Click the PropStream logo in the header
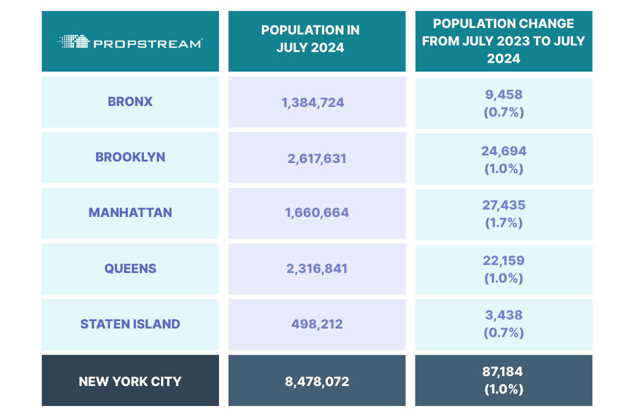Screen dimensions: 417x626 click(130, 42)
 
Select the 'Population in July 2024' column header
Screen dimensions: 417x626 click(310, 38)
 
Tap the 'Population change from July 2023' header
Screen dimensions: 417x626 click(503, 41)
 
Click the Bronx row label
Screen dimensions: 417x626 click(130, 101)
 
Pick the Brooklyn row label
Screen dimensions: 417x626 click(130, 157)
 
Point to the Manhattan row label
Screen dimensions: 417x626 click(130, 212)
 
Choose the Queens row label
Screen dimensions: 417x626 click(130, 268)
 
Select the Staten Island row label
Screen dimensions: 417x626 click(130, 324)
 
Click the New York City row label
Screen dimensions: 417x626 click(130, 382)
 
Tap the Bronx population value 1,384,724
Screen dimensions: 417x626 click(313, 103)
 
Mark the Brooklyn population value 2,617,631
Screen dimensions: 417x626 click(316, 158)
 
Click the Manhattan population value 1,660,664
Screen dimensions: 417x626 click(316, 213)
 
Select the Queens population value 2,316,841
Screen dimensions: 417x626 click(316, 268)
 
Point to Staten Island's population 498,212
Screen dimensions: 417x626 click(317, 324)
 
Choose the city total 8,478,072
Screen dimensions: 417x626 click(316, 382)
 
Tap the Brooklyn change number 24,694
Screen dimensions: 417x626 click(503, 151)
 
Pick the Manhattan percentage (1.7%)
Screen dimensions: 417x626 click(503, 222)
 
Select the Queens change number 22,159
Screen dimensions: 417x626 click(503, 260)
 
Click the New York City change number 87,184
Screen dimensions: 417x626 click(503, 372)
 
